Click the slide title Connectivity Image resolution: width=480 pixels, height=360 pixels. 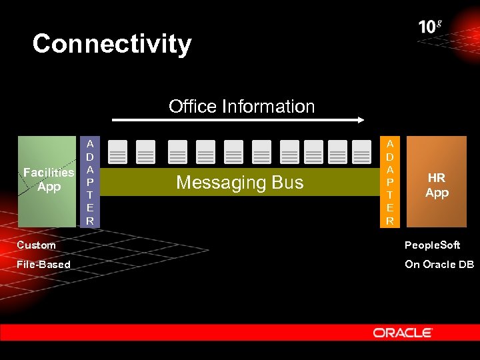pos(112,44)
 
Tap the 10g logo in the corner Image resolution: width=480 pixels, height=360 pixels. pos(430,27)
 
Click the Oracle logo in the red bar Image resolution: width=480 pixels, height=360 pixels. pos(403,332)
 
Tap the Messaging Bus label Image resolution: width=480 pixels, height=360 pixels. pos(239,183)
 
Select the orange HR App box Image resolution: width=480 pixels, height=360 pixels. pos(437,182)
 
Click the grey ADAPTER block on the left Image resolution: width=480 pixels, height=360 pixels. pos(90,181)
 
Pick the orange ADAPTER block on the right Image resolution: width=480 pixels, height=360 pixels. pos(390,181)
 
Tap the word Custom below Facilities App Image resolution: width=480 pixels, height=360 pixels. pos(36,245)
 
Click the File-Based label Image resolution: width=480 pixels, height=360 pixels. pos(43,265)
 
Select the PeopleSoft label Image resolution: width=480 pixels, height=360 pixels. pos(432,245)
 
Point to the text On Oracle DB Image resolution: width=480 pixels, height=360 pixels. pos(439,265)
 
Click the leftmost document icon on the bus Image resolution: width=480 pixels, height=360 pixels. pos(117,153)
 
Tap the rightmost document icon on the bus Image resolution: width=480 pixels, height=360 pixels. pos(361,153)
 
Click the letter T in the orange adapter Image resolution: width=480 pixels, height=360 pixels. pos(390,195)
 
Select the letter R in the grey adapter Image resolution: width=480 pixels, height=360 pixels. pos(90,220)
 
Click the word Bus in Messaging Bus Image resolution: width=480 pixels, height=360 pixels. pos(288,183)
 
